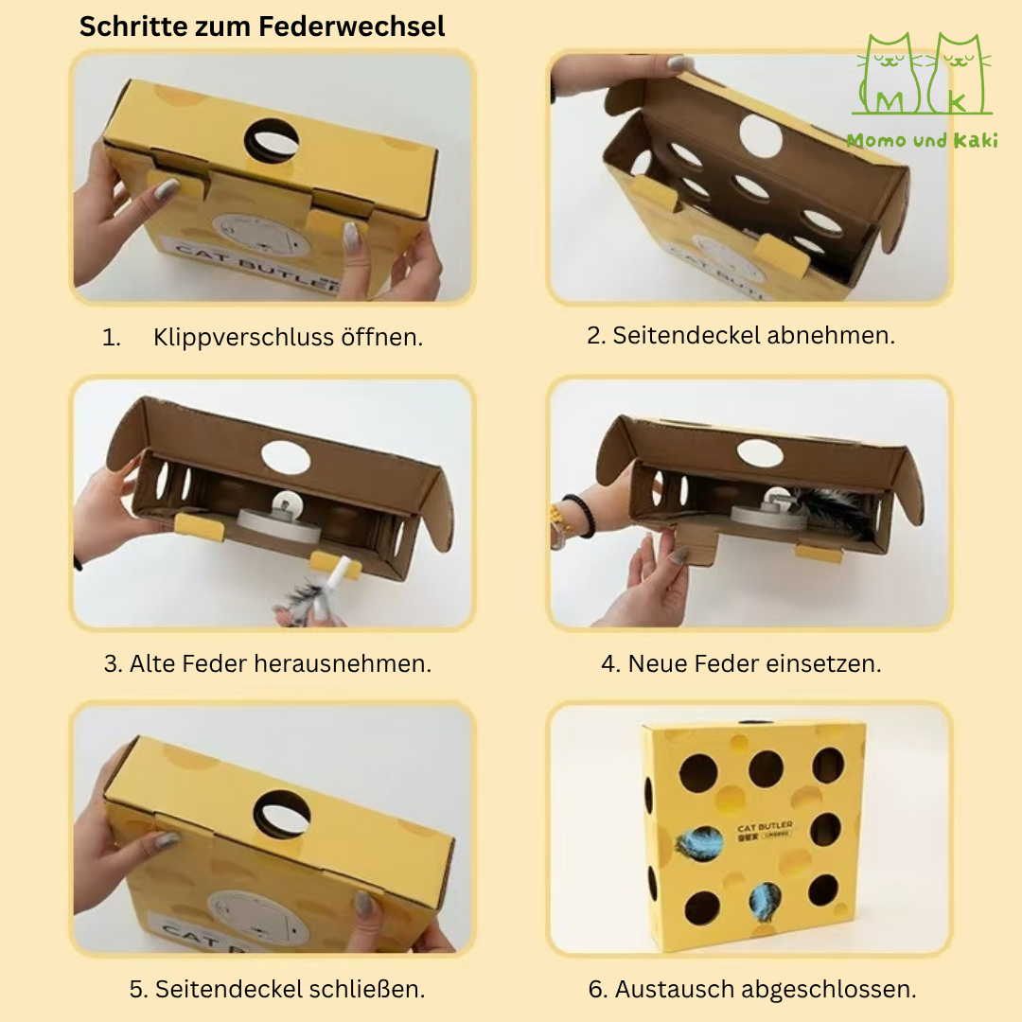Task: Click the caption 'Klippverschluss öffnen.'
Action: [x=288, y=338]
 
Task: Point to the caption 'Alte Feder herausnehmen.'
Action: [x=268, y=663]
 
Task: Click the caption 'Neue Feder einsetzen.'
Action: [x=741, y=663]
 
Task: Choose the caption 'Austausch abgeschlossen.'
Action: [x=752, y=989]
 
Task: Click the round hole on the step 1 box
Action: [x=271, y=140]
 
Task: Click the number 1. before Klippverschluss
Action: [x=112, y=338]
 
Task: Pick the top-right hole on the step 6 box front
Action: [x=828, y=765]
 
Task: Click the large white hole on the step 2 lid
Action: [x=760, y=136]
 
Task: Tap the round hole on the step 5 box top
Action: [x=281, y=812]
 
